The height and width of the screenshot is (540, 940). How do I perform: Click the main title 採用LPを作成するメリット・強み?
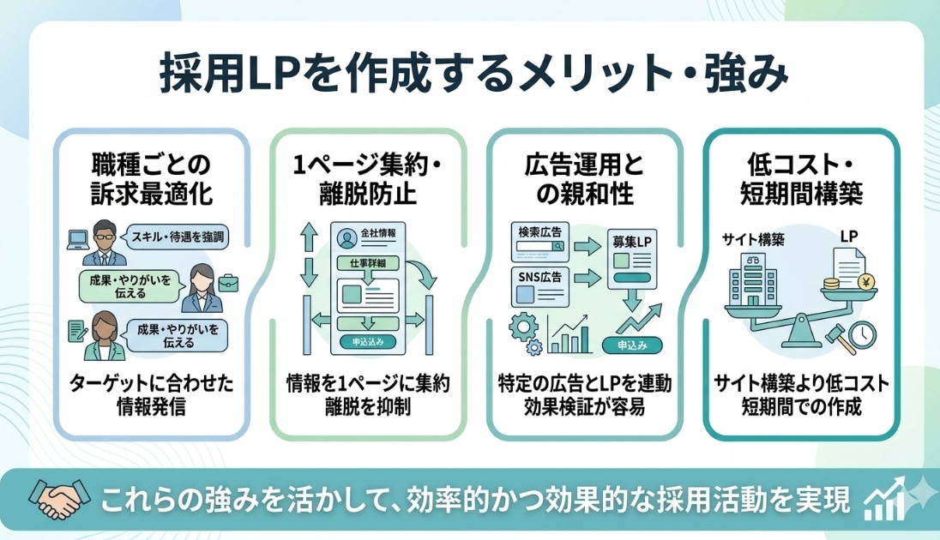coord(470,75)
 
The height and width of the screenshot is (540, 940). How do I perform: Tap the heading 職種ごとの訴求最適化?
coord(151,178)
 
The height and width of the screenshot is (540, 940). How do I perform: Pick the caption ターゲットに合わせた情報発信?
coord(151,393)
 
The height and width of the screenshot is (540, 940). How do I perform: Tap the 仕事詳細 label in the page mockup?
coord(367,264)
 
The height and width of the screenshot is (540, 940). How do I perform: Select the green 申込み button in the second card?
coord(368,341)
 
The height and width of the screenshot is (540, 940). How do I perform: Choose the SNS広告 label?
coord(539,276)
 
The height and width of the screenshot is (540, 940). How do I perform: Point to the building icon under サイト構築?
coord(753,280)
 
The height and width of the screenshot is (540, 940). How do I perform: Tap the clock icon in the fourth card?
coord(861,333)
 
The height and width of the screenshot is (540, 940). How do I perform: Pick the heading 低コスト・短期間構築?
coord(800,178)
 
